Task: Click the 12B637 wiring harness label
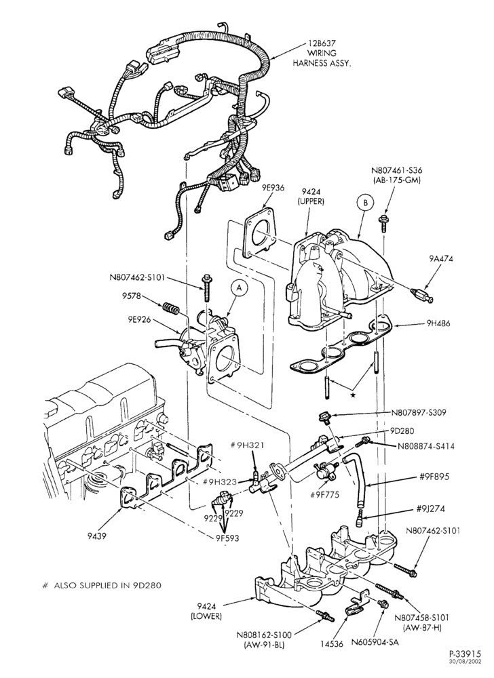[x=322, y=53]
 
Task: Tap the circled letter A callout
[x=238, y=287]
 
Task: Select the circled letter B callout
[x=364, y=203]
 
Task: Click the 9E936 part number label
[x=273, y=187]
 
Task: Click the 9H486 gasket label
[x=438, y=323]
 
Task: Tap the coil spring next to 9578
[x=171, y=309]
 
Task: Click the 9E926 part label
[x=139, y=320]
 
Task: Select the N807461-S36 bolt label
[x=396, y=175]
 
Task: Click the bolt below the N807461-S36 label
[x=383, y=222]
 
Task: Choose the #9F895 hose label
[x=434, y=477]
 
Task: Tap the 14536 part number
[x=332, y=644]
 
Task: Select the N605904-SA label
[x=375, y=642]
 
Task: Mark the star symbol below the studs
[x=353, y=395]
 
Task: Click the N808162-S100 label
[x=264, y=639]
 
